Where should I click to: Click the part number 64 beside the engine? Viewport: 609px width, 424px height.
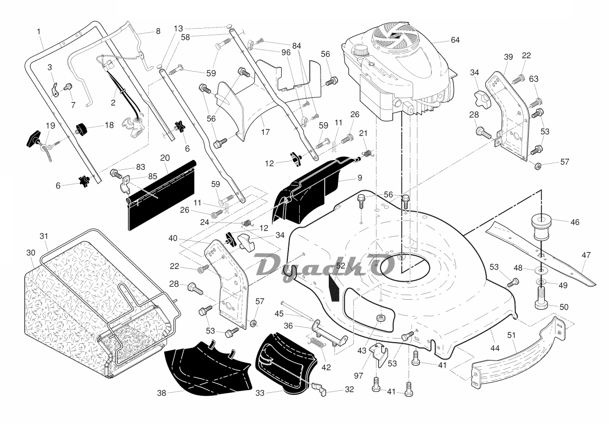pyautogui.click(x=455, y=40)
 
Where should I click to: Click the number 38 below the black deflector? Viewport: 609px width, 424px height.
pyautogui.click(x=162, y=393)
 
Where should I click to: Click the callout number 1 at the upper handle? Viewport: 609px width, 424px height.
pyautogui.click(x=39, y=32)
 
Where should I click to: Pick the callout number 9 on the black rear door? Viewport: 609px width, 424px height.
pyautogui.click(x=359, y=177)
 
